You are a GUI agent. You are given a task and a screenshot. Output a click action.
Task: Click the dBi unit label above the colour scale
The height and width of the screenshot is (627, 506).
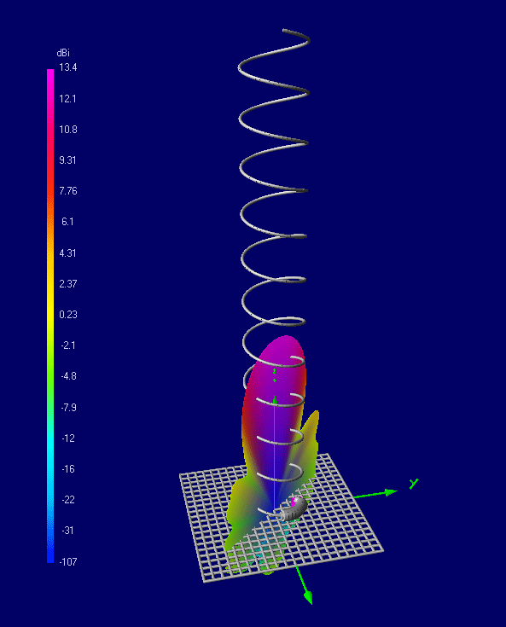[x=64, y=53]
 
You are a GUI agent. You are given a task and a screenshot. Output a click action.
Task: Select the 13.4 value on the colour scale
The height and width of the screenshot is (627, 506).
[x=67, y=68]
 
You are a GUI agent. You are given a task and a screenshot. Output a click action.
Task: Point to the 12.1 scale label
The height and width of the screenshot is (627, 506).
[x=67, y=99]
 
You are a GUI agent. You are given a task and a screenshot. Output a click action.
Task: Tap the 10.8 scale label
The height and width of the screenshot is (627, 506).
[x=67, y=130]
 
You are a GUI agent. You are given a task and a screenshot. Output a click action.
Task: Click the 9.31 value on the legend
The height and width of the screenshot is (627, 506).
[x=67, y=160]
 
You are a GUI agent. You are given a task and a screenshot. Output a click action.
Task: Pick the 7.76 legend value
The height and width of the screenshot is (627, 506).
[x=67, y=191]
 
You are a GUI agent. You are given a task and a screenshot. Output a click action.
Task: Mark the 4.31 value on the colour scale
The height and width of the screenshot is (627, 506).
[x=67, y=253]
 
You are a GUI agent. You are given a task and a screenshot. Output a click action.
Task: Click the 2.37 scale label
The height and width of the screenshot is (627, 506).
[x=67, y=284]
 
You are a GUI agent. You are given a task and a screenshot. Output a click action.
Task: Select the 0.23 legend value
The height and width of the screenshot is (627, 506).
[x=67, y=315]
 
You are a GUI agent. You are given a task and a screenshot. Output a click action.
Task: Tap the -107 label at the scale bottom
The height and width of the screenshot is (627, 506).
[x=67, y=561]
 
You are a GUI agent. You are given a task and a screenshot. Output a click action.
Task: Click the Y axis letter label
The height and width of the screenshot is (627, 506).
[x=413, y=484]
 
